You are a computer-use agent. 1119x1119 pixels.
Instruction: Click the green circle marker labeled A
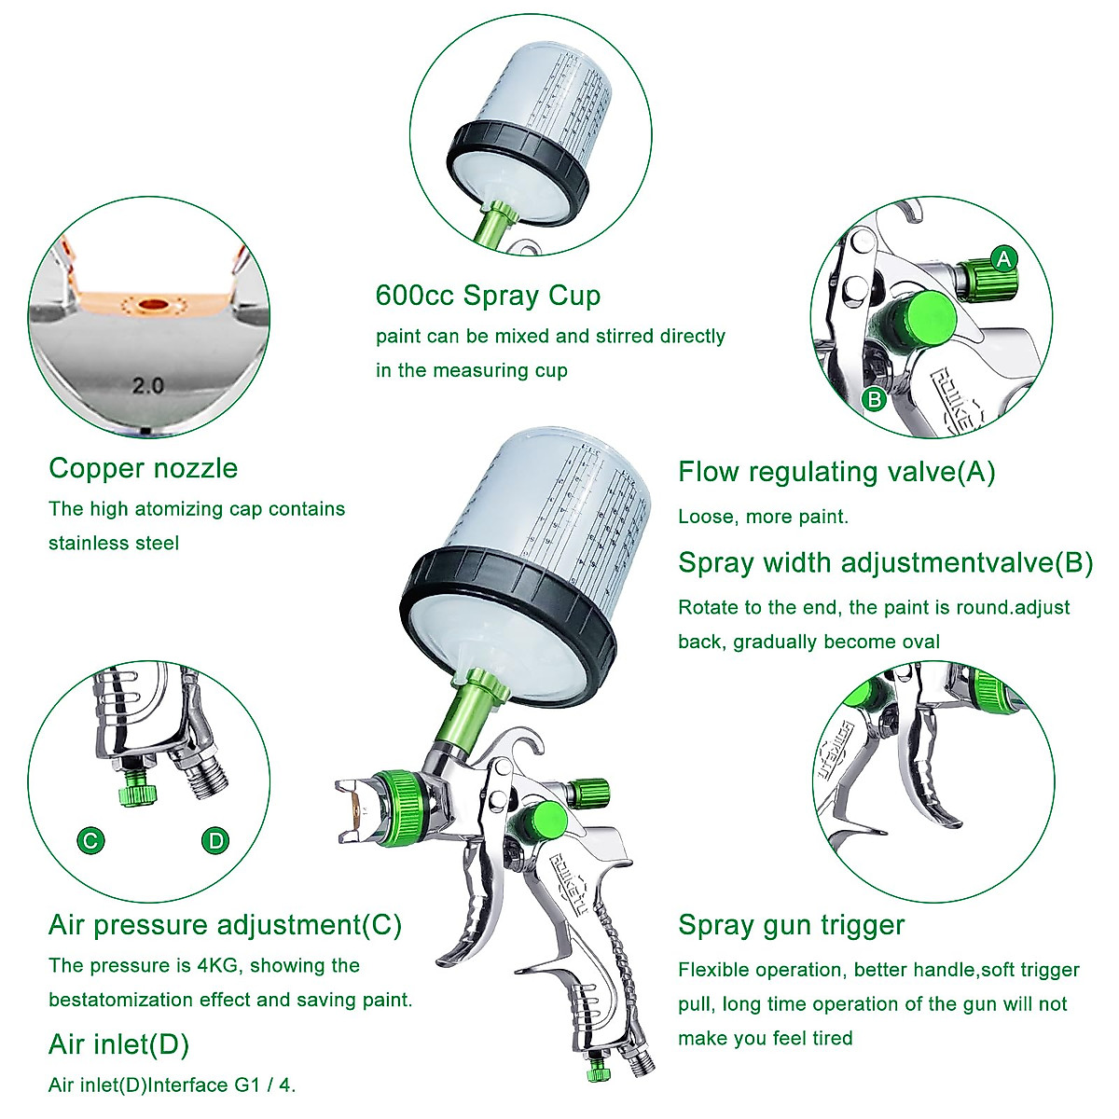1003,258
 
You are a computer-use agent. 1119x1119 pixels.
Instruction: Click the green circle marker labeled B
874,400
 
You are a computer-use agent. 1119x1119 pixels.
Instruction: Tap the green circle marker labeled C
90,841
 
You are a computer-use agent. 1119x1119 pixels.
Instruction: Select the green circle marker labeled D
215,841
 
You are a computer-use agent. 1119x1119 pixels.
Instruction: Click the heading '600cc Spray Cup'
488,296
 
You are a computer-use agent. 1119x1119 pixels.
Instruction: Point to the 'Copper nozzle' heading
143,468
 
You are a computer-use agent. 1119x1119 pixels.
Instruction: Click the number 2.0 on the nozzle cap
147,385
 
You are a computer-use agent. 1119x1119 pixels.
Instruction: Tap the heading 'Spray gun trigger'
791,925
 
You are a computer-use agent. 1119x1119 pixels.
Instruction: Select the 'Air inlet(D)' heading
118,1044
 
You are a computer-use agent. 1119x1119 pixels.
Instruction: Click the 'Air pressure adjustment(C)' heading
225,925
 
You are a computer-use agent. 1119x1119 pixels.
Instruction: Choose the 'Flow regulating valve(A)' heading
836,472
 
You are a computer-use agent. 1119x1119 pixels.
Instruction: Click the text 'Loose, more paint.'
763,517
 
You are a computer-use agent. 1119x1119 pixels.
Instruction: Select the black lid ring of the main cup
508,606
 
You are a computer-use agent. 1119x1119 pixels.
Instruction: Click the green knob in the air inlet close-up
137,794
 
